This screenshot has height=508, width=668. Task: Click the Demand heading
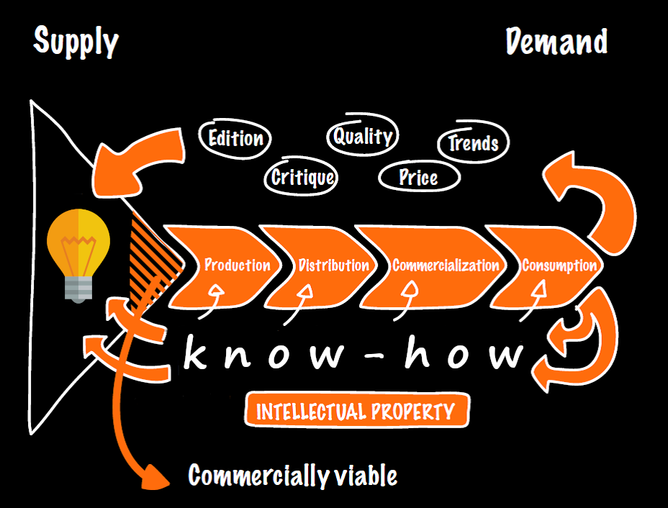point(556,42)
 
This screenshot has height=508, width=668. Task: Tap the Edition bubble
point(235,138)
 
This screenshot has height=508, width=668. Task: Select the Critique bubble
point(303,177)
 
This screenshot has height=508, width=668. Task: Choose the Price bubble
point(418,177)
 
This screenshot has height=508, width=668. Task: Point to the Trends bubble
point(473,142)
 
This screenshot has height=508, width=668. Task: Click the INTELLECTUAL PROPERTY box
point(356,412)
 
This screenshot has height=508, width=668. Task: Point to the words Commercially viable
point(292,476)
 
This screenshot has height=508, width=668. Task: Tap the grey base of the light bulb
point(78,289)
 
